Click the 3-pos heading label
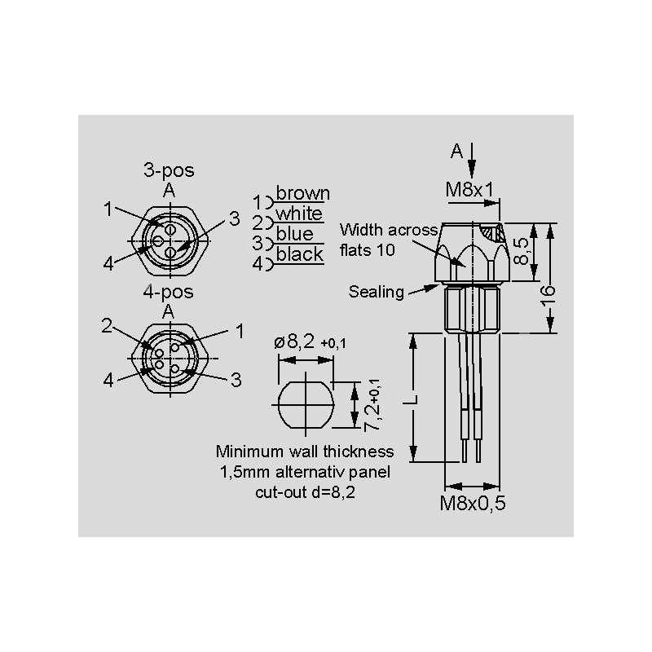169,170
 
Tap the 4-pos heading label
168,292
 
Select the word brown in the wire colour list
303,193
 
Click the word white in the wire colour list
299,214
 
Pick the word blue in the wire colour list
295,234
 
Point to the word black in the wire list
299,254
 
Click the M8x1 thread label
469,190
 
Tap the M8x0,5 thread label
473,503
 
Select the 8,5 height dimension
522,251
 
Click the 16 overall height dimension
548,296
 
